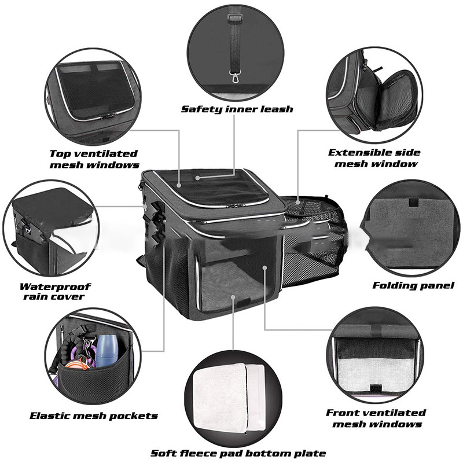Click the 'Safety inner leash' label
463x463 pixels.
237,109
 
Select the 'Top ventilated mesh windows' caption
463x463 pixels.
94,159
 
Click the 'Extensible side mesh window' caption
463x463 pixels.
374,158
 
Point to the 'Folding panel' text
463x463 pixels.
413,285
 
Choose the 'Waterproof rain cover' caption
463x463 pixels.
55,292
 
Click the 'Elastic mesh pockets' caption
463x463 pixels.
94,416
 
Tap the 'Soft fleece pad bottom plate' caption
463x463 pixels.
238,453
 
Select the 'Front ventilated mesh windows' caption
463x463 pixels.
376,418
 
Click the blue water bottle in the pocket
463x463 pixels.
108,351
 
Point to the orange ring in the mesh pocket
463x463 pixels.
80,363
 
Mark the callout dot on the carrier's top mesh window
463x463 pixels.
179,185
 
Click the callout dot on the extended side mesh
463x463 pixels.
298,202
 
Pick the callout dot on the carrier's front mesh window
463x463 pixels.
264,267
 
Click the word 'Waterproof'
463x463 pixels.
55,286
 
